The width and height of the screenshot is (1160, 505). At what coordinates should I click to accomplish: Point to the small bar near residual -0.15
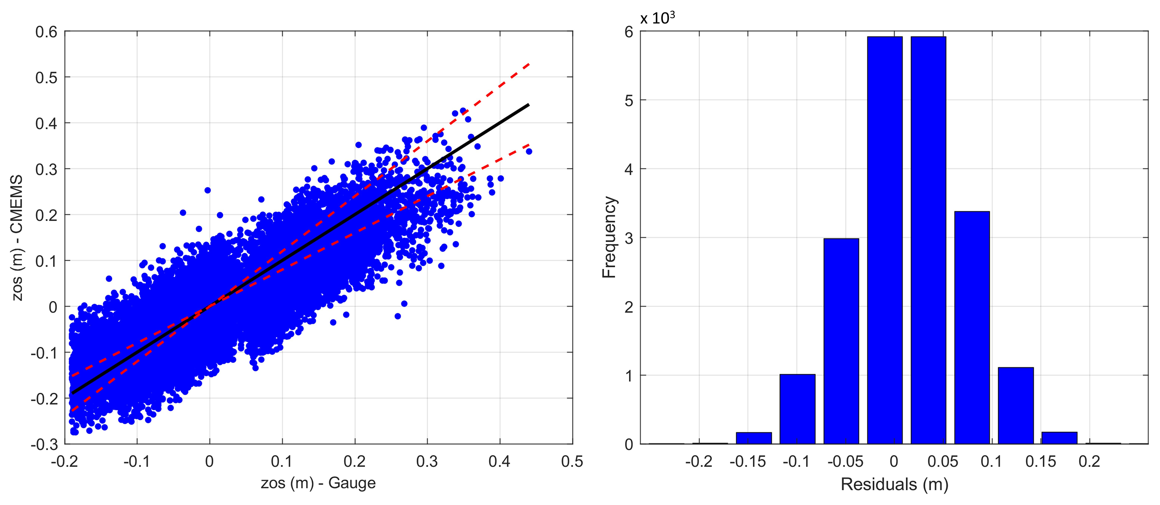754,438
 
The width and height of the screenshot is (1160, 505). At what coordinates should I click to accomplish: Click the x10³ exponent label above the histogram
658,18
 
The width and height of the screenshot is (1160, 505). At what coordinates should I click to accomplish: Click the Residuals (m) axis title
894,484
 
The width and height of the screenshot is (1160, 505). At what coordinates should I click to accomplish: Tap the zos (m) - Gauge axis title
318,483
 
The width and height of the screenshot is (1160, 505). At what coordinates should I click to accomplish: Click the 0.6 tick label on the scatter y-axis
46,32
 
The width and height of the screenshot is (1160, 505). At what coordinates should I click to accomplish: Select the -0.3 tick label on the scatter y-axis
44,445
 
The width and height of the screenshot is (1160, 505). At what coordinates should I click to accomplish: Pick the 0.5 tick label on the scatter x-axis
572,461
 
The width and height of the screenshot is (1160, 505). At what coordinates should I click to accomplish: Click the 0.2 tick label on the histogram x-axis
1089,461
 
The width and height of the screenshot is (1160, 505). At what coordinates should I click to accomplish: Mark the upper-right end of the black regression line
528,105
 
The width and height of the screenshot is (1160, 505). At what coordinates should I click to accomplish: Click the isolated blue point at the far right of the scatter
529,151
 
